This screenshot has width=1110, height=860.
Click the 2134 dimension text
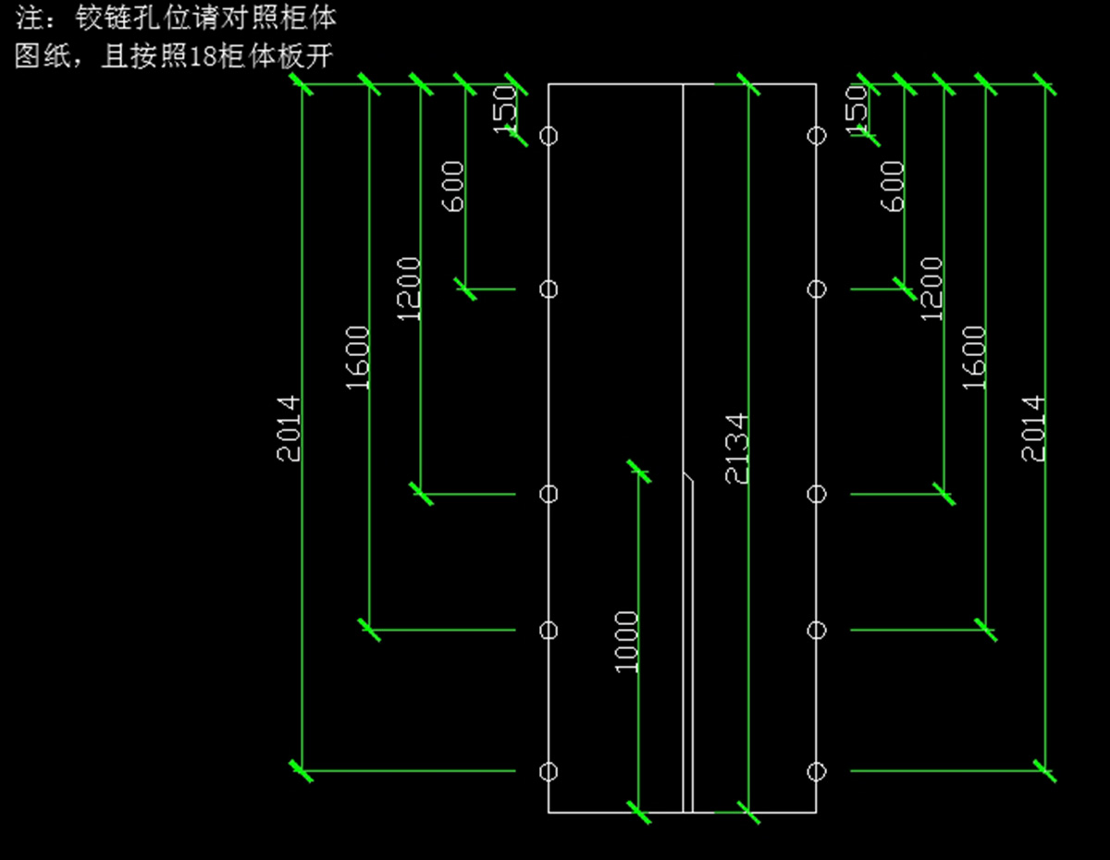click(x=737, y=448)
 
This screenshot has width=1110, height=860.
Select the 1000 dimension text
click(x=627, y=641)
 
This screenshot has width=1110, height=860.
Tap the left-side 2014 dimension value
click(x=290, y=428)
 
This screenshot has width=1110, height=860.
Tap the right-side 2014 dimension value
click(x=1033, y=428)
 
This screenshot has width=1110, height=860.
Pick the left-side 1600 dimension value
click(x=358, y=357)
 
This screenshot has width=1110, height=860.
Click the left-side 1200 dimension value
click(x=409, y=289)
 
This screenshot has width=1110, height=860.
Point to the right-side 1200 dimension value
click(x=932, y=289)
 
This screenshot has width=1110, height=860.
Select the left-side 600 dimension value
click(x=453, y=186)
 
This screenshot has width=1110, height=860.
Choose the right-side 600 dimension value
click(x=893, y=186)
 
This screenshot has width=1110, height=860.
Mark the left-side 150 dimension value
click(x=505, y=110)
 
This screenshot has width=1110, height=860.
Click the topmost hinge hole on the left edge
click(x=549, y=136)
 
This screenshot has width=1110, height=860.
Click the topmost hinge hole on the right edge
click(x=816, y=136)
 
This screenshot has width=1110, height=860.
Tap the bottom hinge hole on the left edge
click(x=549, y=771)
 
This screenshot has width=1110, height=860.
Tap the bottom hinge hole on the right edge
click(x=816, y=771)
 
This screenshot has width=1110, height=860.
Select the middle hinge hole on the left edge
click(x=549, y=494)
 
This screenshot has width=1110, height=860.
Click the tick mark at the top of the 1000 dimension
click(x=638, y=471)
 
